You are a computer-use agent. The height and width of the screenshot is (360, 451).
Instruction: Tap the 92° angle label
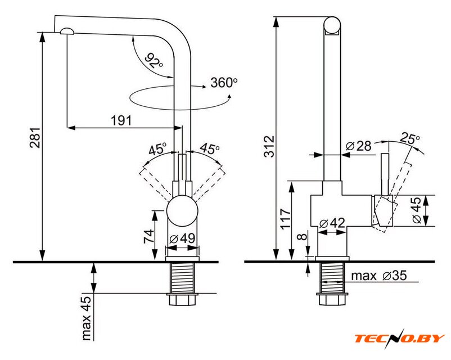coord(153,60)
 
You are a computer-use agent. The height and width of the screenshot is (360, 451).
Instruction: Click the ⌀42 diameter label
coord(332,223)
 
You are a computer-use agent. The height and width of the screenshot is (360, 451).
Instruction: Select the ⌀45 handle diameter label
coord(417,210)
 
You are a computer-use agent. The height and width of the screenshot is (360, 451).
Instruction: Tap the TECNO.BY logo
coord(399,339)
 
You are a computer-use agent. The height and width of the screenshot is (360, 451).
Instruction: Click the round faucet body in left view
coord(183,211)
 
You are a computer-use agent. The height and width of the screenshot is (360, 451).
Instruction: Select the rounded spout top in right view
coord(332,26)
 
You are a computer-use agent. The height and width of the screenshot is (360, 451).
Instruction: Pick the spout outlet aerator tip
coord(66,32)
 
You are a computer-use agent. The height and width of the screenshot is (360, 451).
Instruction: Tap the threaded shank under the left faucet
coord(183,278)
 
